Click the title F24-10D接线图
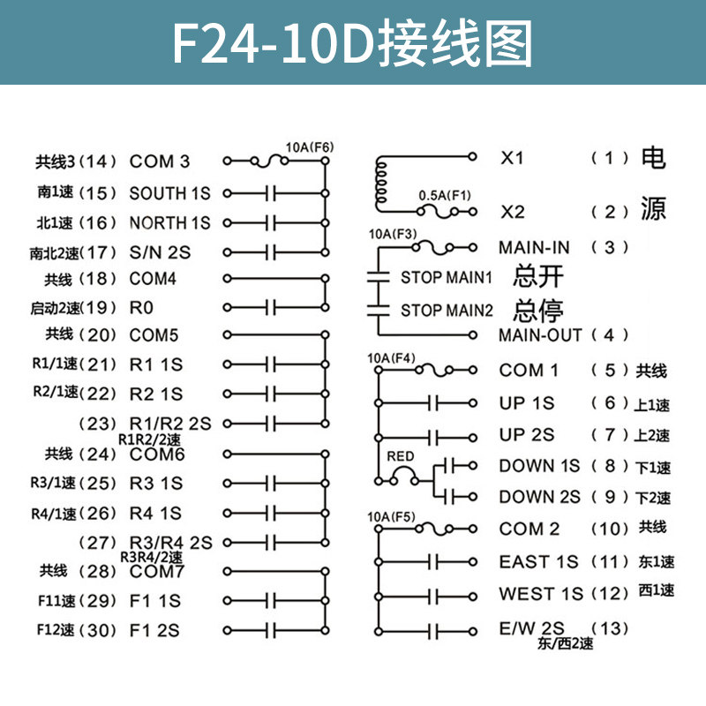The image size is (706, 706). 352,42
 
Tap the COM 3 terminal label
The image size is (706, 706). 159,161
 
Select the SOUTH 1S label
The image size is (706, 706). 169,192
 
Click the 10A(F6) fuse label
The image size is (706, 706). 309,146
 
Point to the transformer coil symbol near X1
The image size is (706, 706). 382,184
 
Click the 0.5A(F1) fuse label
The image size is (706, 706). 445,196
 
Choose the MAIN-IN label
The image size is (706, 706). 534,247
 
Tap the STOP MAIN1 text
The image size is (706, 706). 446,277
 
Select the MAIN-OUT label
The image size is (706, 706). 540,335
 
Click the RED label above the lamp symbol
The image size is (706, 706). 400,456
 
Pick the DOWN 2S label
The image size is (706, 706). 539,497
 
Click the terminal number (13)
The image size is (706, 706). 609,627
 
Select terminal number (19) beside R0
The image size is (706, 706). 98,308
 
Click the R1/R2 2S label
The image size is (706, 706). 170,424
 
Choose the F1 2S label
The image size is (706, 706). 154,630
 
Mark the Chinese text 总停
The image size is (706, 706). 537,310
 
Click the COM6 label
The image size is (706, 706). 157,454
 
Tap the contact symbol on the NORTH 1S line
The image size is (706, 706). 271,222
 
